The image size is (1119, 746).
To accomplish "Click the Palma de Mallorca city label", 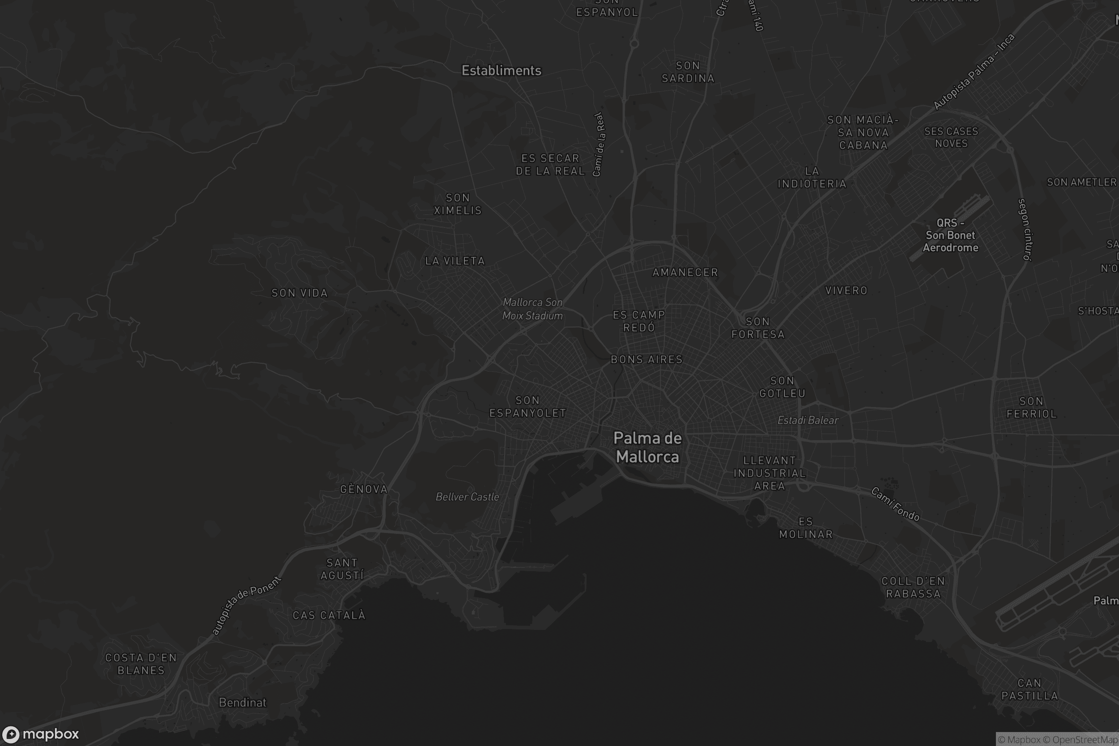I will tap(648, 447).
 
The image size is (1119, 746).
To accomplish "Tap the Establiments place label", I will tap(502, 71).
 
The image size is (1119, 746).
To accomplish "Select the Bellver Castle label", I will tap(467, 497).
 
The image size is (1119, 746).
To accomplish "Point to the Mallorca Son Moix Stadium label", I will tap(532, 309).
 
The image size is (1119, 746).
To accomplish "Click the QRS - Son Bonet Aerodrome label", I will tap(950, 235).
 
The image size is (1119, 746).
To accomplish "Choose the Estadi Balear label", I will tap(808, 420).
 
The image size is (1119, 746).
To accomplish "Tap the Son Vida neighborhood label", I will tap(300, 293).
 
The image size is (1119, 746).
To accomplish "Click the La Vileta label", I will tap(455, 261).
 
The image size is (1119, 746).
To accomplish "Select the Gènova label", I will tap(364, 489).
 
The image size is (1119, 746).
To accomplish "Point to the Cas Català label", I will tap(329, 615).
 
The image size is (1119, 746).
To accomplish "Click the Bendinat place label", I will tap(242, 702).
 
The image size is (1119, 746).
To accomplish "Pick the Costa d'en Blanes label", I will tap(141, 663).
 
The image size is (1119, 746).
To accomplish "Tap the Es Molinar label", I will tap(806, 528).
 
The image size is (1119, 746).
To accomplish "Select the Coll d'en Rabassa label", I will tap(913, 587).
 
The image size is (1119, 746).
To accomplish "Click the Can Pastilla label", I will tap(1029, 690).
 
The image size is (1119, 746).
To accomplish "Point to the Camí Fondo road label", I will tap(895, 504).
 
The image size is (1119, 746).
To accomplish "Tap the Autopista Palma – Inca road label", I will tap(974, 72).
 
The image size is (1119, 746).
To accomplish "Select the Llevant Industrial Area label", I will tap(770, 473).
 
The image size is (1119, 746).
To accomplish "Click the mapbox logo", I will tap(41, 733).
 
